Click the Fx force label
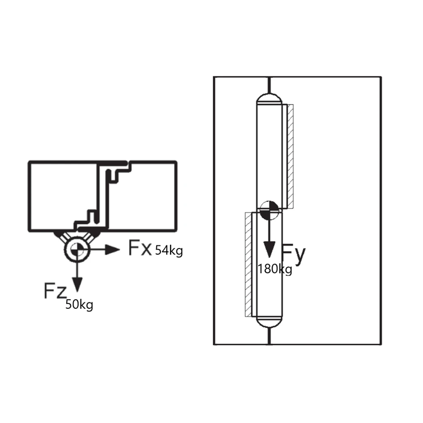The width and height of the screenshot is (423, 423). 140,247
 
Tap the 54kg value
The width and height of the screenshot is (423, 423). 169,251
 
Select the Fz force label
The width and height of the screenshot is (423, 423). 55,290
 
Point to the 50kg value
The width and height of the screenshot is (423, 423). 79,305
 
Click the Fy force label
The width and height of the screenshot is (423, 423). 294,254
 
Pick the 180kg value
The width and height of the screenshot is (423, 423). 275,269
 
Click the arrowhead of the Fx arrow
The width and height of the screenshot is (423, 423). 112,250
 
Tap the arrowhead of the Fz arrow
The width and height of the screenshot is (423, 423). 77,285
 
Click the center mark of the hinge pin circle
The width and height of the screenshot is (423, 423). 77,250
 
